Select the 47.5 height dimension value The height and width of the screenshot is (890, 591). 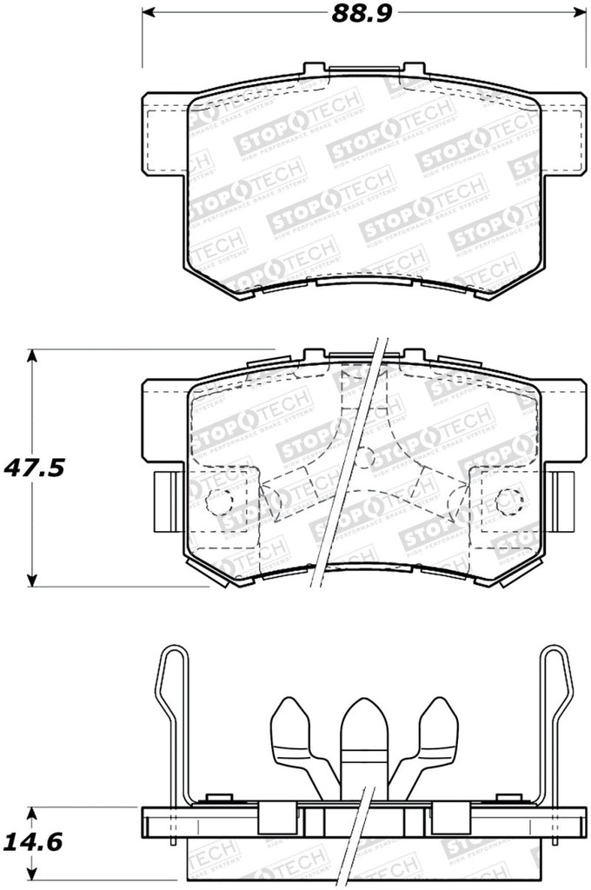coord(34,467)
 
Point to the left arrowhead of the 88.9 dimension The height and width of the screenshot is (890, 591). coord(148,14)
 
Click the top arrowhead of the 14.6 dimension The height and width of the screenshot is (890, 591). coord(32,814)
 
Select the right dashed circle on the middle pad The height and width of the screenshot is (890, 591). coord(509,500)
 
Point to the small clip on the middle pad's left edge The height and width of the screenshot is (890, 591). coord(164,501)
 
